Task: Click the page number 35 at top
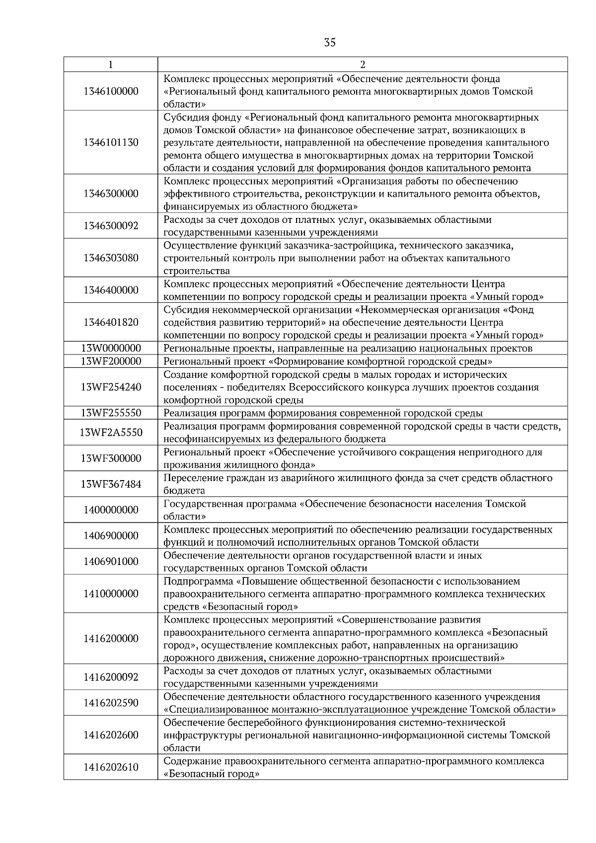(x=329, y=43)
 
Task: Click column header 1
(x=110, y=65)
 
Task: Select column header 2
(x=362, y=65)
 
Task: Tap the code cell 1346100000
(x=111, y=91)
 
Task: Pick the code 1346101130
(x=111, y=142)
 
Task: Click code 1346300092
(x=111, y=226)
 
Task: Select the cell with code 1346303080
(x=111, y=258)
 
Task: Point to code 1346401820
(x=111, y=322)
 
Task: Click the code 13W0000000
(x=111, y=348)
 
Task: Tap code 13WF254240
(x=111, y=387)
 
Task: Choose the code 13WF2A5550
(x=111, y=432)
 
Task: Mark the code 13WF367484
(x=111, y=484)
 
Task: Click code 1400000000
(x=111, y=510)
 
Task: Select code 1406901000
(x=111, y=562)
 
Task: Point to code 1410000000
(x=111, y=594)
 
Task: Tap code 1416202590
(x=111, y=703)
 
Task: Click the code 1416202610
(x=111, y=768)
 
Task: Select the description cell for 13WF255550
(x=323, y=413)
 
